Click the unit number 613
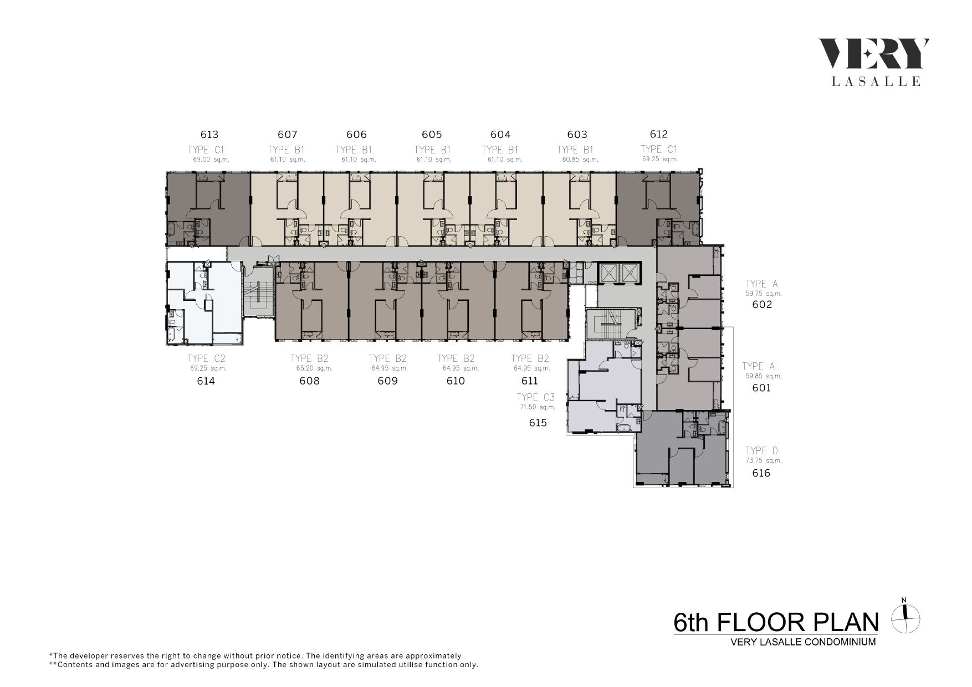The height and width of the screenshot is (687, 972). point(209,135)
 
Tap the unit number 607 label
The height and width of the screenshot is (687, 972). point(288,135)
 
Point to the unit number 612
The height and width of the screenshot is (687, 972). point(659,134)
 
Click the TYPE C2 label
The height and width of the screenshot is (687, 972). point(206,358)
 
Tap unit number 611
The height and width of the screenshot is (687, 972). point(530,381)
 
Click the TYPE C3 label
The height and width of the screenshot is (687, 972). point(535,397)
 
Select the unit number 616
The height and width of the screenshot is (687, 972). point(761,473)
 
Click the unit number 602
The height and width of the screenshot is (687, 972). point(762,304)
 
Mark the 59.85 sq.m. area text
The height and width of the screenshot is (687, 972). point(764,376)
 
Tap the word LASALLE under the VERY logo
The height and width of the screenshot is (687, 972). point(876,81)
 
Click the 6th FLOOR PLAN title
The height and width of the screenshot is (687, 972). point(776,623)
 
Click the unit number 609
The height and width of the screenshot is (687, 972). point(387,381)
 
